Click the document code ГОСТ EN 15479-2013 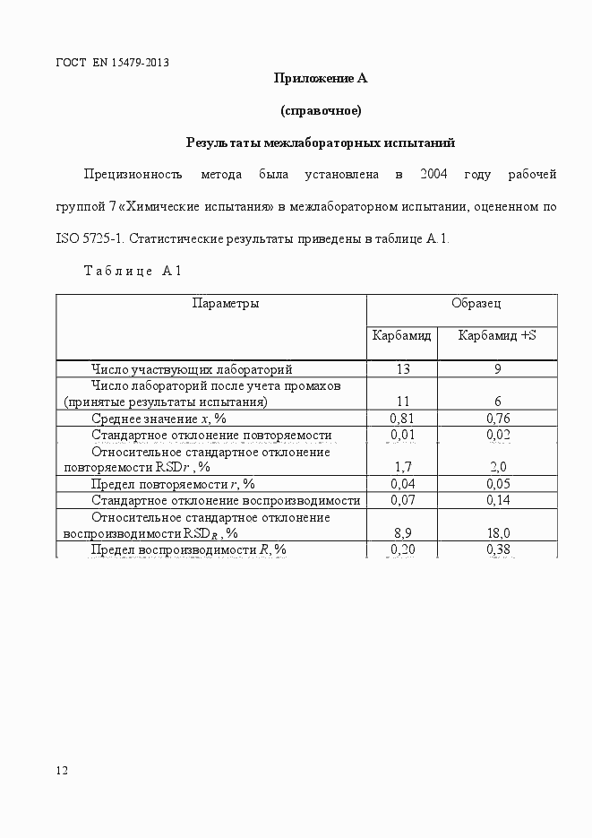click(x=112, y=63)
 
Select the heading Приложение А click(x=321, y=78)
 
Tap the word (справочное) click(x=321, y=111)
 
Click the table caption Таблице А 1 click(x=133, y=271)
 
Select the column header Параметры click(x=226, y=303)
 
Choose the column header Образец click(x=476, y=303)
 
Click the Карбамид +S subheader click(x=497, y=336)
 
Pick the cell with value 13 click(x=402, y=368)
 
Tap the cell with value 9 click(x=497, y=368)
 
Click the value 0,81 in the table click(x=402, y=418)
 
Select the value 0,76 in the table click(x=497, y=418)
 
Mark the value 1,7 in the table click(x=402, y=467)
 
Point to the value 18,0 click(x=497, y=532)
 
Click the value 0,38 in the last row click(x=497, y=549)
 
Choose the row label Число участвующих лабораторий click(x=192, y=368)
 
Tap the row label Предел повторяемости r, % click(x=173, y=484)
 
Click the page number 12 click(x=62, y=770)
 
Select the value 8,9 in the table click(x=402, y=532)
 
